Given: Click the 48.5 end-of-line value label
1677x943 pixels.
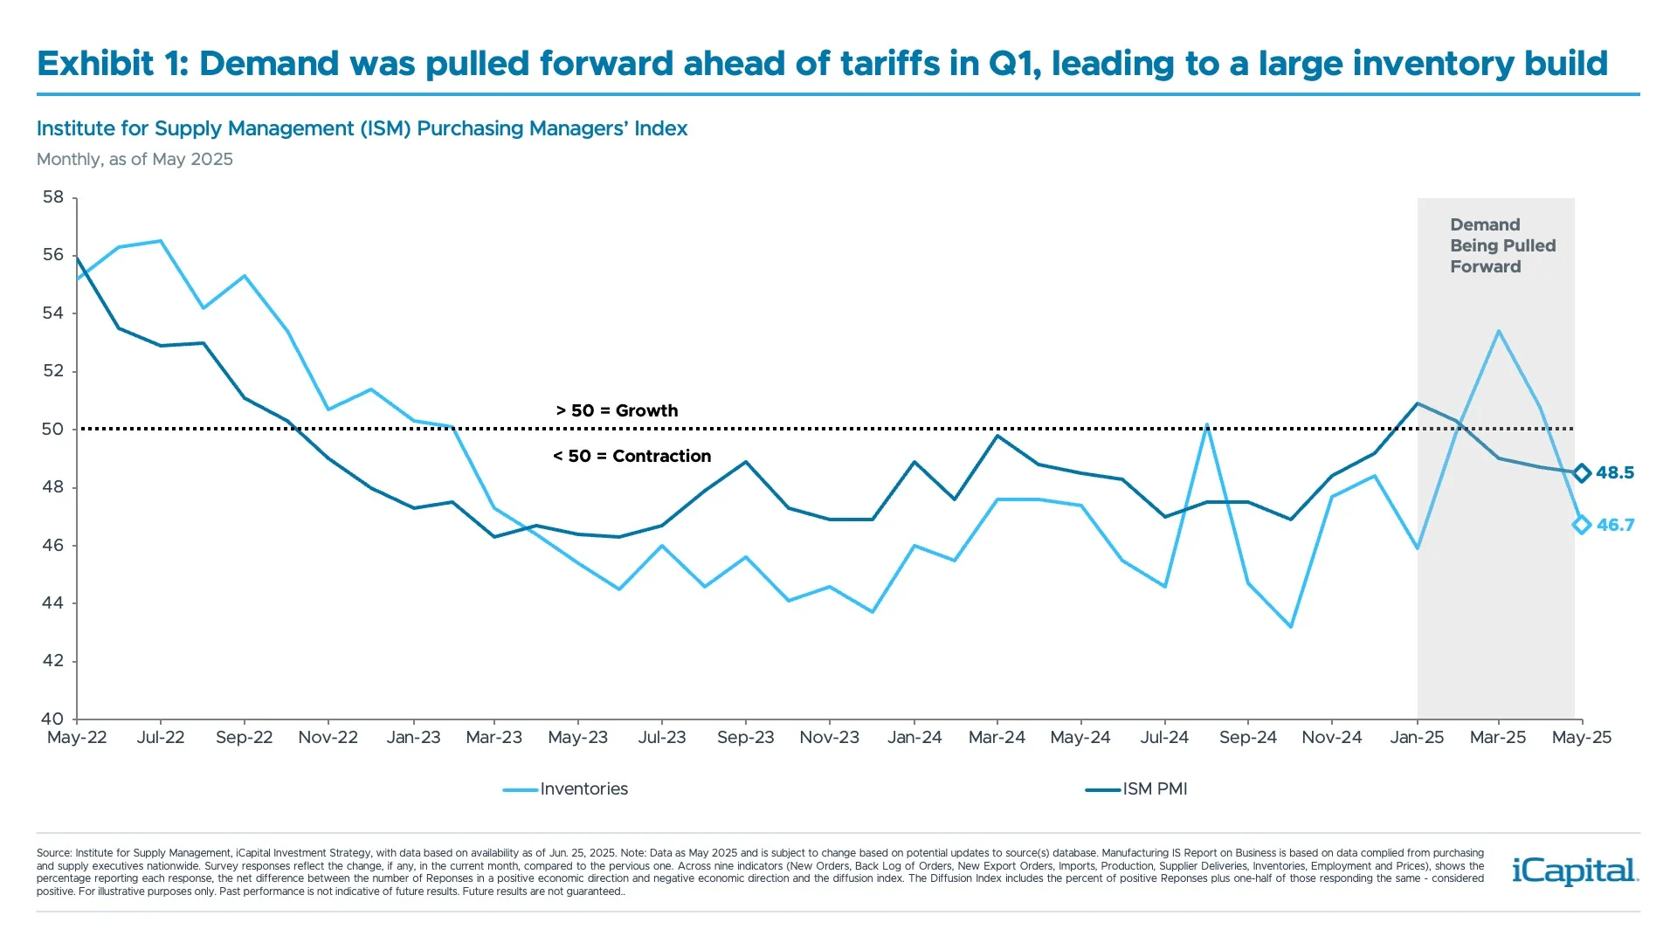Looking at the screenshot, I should point(1614,473).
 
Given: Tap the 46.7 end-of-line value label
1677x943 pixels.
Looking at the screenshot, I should point(1615,526).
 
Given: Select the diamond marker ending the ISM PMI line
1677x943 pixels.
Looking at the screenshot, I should point(1582,473).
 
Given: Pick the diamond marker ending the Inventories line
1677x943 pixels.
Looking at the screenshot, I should point(1582,525).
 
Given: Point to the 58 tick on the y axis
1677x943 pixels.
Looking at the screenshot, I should point(53,197).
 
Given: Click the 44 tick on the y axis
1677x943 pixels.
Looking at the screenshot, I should point(53,603).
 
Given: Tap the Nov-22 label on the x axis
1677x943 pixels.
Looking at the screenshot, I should point(328,738).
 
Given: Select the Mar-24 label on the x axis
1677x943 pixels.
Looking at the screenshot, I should point(997,738).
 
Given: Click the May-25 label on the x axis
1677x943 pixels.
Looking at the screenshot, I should point(1581,738).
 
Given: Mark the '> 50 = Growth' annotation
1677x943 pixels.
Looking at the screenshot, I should point(617,411).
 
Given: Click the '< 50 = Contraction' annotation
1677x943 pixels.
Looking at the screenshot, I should point(631,457).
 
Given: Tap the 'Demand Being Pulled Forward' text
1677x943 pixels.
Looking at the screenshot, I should point(1502,246).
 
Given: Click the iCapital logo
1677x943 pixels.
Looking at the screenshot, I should point(1575,871).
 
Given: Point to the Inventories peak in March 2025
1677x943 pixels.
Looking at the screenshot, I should point(1499,331).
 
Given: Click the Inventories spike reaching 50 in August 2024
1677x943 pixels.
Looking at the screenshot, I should point(1206,425).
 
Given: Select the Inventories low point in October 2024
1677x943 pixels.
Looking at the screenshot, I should point(1290,626).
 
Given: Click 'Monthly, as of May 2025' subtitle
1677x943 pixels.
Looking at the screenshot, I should point(135,160).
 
